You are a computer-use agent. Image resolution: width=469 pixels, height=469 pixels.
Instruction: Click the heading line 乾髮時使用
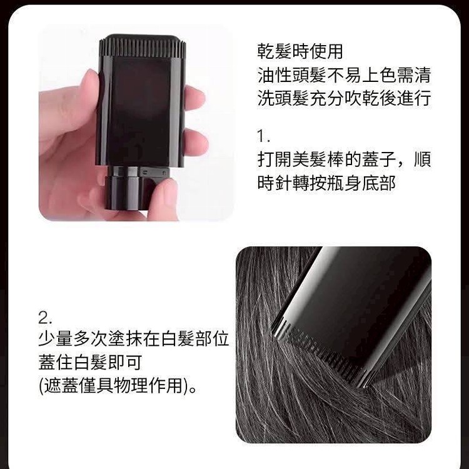click(300, 51)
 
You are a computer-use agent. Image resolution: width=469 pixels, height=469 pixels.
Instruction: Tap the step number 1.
click(263, 136)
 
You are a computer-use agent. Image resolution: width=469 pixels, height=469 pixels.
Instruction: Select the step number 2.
click(46, 318)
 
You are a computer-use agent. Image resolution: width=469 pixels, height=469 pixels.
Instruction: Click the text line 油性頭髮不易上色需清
click(344, 75)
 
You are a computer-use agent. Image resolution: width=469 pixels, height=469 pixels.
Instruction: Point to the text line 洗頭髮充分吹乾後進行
click(344, 98)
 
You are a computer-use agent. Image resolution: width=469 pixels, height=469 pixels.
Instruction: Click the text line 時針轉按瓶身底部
click(326, 183)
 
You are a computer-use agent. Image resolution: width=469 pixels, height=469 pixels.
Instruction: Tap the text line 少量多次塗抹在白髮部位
click(134, 338)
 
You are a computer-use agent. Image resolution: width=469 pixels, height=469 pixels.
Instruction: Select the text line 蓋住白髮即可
click(90, 362)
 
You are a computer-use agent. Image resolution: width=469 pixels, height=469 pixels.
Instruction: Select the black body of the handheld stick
click(140, 111)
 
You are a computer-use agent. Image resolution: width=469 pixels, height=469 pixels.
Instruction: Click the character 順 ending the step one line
click(422, 159)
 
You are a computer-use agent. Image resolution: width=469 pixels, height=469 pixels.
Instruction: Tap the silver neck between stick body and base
click(131, 172)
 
